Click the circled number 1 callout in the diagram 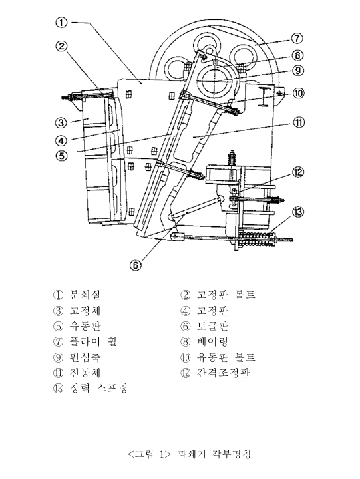[61, 23]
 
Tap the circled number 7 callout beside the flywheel [297, 38]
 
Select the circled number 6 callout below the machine [136, 264]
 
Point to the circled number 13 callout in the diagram [297, 212]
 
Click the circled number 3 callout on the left [61, 122]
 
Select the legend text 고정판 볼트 [226, 295]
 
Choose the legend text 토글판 [213, 326]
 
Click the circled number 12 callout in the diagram [298, 172]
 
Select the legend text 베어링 [213, 342]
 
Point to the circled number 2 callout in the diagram [61, 46]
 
